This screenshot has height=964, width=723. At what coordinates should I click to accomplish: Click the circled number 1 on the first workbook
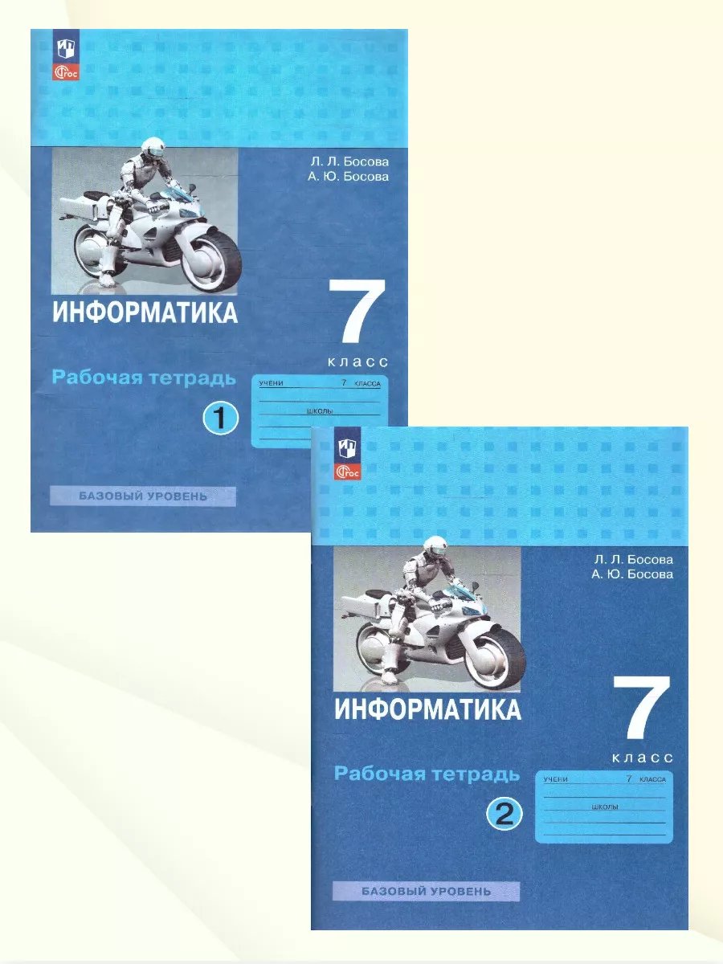click(221, 419)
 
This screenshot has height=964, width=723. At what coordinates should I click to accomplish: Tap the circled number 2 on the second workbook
click(504, 815)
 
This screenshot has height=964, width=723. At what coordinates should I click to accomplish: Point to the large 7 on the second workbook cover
click(642, 709)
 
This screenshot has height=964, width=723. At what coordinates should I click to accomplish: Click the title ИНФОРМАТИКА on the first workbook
click(145, 312)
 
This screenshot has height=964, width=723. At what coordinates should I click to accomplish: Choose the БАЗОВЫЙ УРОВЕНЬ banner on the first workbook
click(143, 496)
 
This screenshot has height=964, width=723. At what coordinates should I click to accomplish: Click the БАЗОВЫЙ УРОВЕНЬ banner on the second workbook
click(426, 891)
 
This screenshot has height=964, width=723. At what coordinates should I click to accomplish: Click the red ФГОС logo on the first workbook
click(66, 72)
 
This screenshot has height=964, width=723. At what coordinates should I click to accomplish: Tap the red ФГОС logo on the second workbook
click(348, 472)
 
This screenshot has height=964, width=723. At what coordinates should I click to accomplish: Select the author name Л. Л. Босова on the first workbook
click(349, 162)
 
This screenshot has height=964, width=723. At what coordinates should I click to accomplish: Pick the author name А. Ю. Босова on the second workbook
click(632, 574)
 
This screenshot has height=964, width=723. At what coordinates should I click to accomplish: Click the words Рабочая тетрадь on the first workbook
click(144, 378)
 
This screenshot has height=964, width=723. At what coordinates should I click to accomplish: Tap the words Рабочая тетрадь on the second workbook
click(427, 774)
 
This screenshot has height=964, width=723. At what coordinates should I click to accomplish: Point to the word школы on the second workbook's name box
click(605, 807)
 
